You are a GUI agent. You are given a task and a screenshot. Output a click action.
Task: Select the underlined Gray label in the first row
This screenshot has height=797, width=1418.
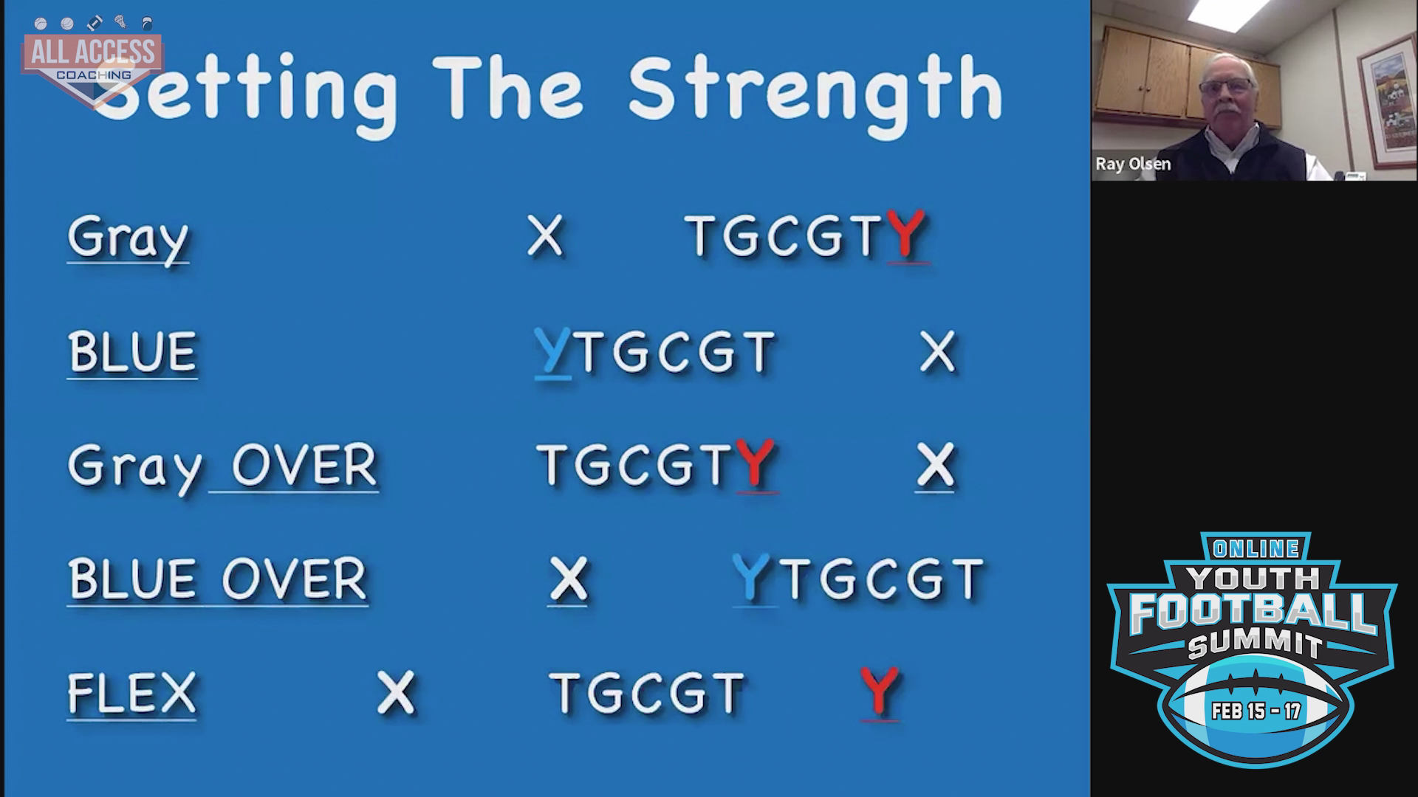click(x=128, y=238)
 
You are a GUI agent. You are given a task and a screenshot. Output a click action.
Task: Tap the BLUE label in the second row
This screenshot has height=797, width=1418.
click(x=132, y=352)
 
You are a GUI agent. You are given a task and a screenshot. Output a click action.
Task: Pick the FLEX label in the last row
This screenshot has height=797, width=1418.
click(x=131, y=693)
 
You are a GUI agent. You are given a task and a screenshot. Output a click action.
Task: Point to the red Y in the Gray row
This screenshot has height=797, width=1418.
click(x=905, y=235)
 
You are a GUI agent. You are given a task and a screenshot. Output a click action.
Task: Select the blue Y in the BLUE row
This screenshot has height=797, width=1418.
click(x=552, y=352)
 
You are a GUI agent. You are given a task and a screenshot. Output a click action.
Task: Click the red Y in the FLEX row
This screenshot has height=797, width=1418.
click(x=879, y=691)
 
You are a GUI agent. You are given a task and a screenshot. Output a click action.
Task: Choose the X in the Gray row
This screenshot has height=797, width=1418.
click(x=545, y=236)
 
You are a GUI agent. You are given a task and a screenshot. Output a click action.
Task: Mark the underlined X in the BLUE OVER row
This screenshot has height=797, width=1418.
click(x=567, y=579)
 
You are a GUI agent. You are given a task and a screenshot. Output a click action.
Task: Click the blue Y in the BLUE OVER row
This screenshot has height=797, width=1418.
click(x=751, y=578)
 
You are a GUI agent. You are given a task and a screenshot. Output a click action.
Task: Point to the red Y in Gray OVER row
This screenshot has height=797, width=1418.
click(x=756, y=464)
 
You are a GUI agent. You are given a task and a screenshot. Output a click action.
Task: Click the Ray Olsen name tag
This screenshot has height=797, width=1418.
click(x=1133, y=164)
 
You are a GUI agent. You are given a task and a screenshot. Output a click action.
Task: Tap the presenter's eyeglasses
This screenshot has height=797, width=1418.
click(x=1225, y=87)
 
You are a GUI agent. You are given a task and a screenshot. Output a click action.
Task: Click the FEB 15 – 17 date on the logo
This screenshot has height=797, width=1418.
click(x=1256, y=711)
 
